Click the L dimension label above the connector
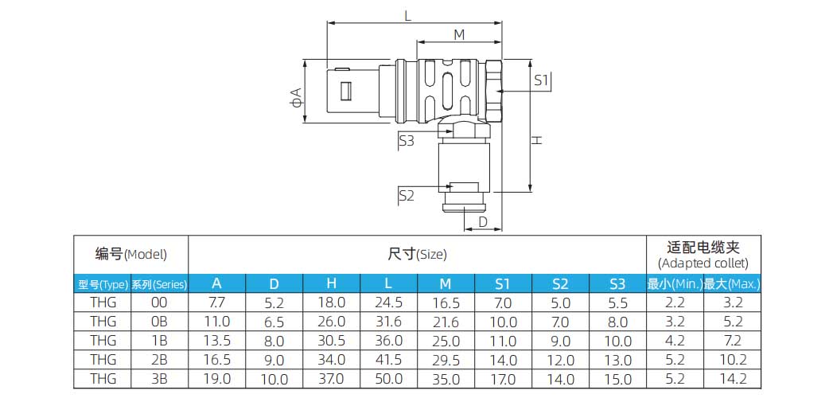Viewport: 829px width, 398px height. coord(408,15)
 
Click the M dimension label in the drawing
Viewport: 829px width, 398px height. coord(459,35)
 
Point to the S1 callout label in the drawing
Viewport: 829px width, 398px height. coord(542,80)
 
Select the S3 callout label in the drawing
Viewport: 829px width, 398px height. coord(406,141)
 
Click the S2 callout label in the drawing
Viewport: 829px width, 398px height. coord(406,195)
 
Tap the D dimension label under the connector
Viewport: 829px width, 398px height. coord(482,222)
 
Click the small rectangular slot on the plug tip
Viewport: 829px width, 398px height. coord(345,92)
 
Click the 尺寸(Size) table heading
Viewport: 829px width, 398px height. coord(417,255)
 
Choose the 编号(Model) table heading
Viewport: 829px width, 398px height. coord(131,255)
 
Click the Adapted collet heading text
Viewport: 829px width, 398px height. coord(703,263)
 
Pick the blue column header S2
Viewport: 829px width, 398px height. coord(560,284)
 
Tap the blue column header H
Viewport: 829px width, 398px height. coord(331,284)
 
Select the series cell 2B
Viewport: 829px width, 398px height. coord(159,360)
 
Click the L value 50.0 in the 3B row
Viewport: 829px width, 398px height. coord(388,380)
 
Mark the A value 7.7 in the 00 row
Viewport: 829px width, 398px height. coord(216,303)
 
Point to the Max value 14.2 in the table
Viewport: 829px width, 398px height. coord(732,380)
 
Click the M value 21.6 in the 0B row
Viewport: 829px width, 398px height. coord(446,322)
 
